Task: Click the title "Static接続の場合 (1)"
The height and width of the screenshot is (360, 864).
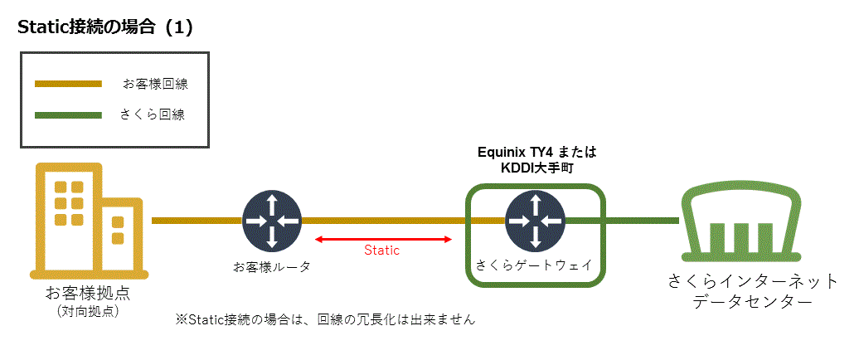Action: [x=105, y=27]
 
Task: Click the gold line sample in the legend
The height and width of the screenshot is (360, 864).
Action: [x=68, y=84]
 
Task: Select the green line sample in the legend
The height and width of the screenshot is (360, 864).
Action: [x=68, y=115]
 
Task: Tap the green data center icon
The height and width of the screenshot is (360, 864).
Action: [x=741, y=221]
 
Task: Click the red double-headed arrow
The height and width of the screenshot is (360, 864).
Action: [x=383, y=240]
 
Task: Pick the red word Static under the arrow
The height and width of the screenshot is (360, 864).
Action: [x=382, y=251]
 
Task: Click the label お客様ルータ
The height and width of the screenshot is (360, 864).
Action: [x=271, y=267]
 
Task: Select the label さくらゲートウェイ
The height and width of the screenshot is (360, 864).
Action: [x=534, y=265]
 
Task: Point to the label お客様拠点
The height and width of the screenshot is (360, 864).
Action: [x=88, y=294]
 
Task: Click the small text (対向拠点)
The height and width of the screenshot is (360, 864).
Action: [x=88, y=312]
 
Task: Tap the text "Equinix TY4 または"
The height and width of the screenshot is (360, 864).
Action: [x=537, y=153]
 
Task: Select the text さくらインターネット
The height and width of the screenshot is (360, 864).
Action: [x=753, y=281]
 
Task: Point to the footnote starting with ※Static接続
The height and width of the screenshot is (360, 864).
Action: [x=325, y=319]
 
